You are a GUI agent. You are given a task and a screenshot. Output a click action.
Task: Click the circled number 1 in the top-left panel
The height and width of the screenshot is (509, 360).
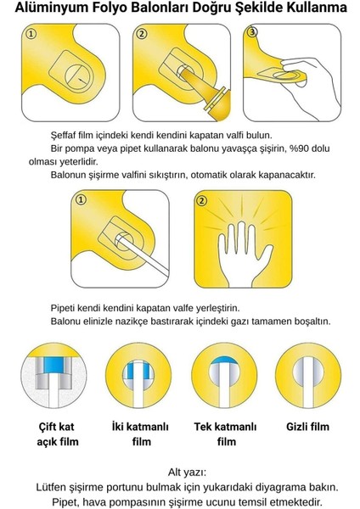pos(31,34)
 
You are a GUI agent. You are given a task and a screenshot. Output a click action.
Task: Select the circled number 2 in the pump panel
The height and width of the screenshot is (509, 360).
pos(142,34)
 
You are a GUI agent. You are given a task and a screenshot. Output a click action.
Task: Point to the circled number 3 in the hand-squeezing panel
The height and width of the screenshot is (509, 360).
pos(252,32)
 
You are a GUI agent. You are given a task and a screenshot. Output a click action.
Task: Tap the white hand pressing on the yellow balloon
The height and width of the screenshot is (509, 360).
pos(243,252)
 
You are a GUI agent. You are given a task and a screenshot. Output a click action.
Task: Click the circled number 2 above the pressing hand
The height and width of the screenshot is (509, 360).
pos(201,200)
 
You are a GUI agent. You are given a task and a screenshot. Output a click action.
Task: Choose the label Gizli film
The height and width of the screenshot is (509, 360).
pos(307,427)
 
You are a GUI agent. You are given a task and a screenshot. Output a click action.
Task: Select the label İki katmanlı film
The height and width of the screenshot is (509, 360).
pos(140,434)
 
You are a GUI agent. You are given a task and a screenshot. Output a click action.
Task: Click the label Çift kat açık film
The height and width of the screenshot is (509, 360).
pos(57,434)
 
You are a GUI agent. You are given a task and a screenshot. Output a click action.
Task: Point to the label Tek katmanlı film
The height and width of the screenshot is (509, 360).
pos(226,434)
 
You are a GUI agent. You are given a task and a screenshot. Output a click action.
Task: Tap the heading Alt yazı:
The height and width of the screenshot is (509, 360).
pos(187,472)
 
